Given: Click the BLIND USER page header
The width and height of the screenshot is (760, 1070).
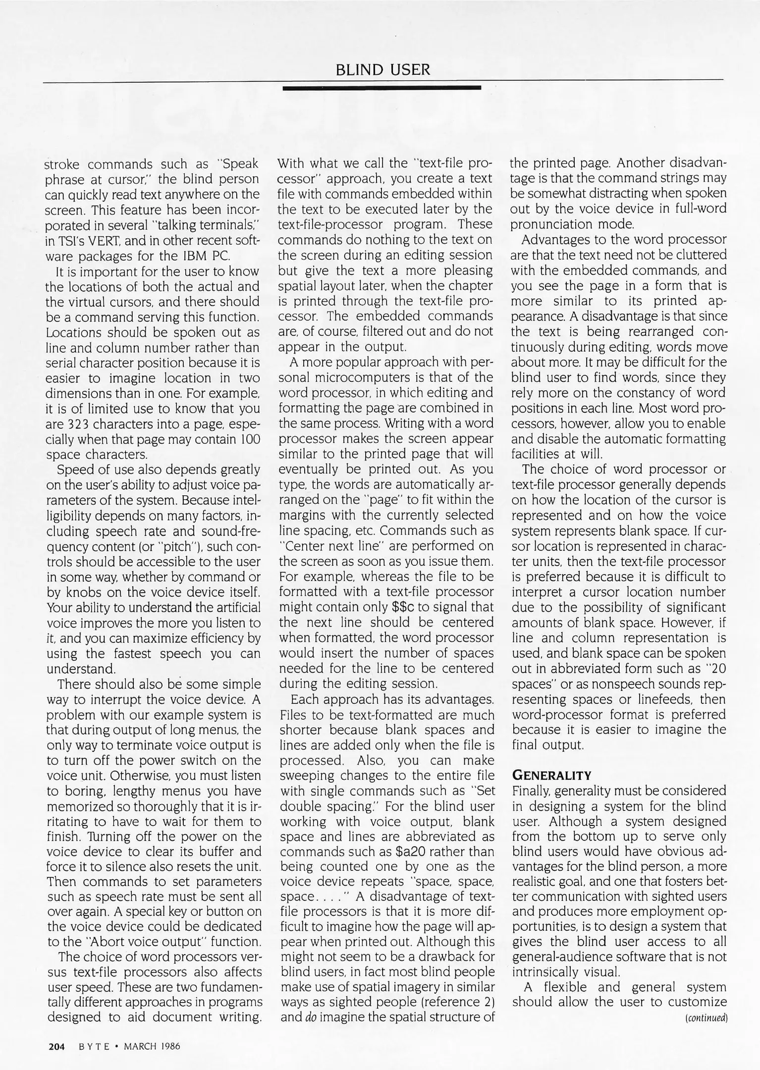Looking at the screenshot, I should [x=382, y=70].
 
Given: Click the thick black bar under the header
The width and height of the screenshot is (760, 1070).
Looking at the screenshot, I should [x=381, y=88].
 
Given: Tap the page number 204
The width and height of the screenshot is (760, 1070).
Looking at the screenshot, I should [x=57, y=1046].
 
